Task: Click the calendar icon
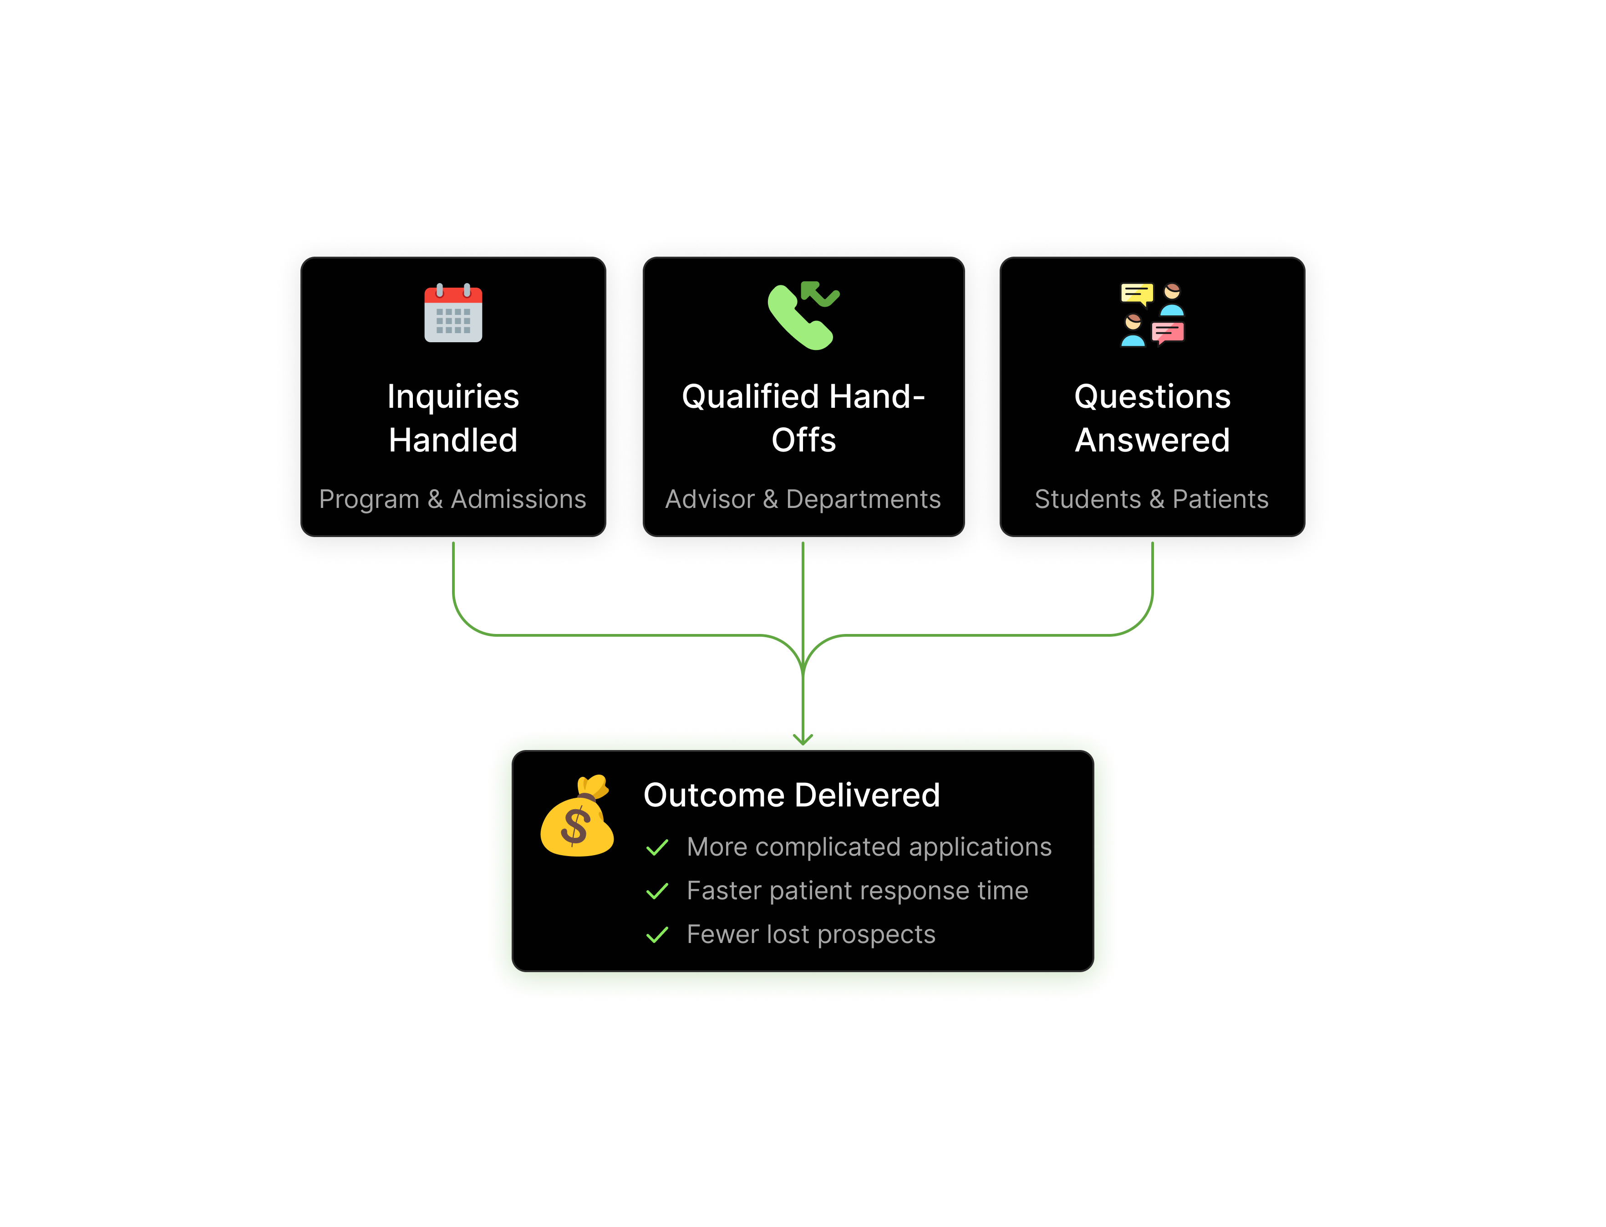coord(453,313)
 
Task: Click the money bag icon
coord(577,816)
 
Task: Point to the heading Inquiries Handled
coord(453,418)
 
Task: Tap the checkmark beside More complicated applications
coord(657,847)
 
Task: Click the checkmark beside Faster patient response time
coord(657,891)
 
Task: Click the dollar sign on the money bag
coord(575,827)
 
